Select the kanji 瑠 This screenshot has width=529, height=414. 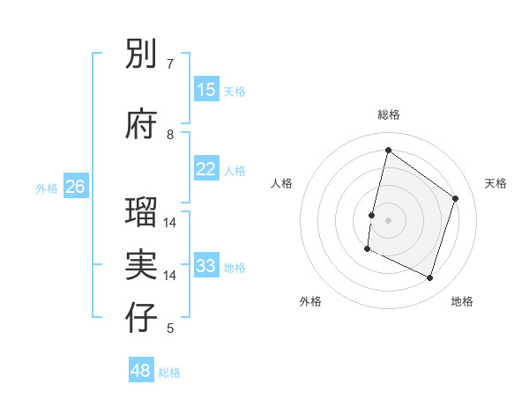point(142,212)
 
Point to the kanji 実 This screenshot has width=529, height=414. point(142,264)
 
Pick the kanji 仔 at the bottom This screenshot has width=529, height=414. point(142,318)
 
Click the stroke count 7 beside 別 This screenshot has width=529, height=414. point(170,64)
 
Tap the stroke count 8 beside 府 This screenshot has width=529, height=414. point(170,135)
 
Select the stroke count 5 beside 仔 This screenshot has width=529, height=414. point(170,329)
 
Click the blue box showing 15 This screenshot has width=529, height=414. point(206,90)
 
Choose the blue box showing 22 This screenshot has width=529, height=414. point(206,169)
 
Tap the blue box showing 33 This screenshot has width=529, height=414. point(206,266)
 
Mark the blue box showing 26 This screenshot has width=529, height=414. point(75,187)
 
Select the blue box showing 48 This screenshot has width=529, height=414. point(141,371)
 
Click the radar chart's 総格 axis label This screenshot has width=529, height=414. point(388,115)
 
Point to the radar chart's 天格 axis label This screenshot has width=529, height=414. point(495,183)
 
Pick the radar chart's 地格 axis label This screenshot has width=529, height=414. point(462,301)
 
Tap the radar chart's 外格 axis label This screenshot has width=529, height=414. point(310,301)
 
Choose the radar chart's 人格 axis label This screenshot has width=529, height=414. point(281,183)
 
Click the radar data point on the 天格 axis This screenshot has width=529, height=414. point(456,198)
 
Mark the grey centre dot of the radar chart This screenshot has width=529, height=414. point(388,220)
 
